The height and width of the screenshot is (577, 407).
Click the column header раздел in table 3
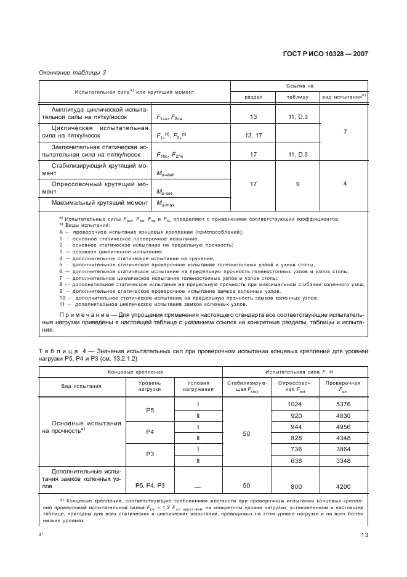tap(254, 97)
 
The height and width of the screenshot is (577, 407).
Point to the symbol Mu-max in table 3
tap(166, 203)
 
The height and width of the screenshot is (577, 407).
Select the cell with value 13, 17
tap(254, 135)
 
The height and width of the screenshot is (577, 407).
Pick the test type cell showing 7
tap(344, 132)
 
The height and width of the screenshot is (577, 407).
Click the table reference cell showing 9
tap(297, 183)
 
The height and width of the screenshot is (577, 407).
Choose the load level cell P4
tap(150, 432)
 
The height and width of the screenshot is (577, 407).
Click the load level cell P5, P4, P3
tap(150, 485)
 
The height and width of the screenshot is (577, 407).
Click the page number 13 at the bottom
tap(364, 534)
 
